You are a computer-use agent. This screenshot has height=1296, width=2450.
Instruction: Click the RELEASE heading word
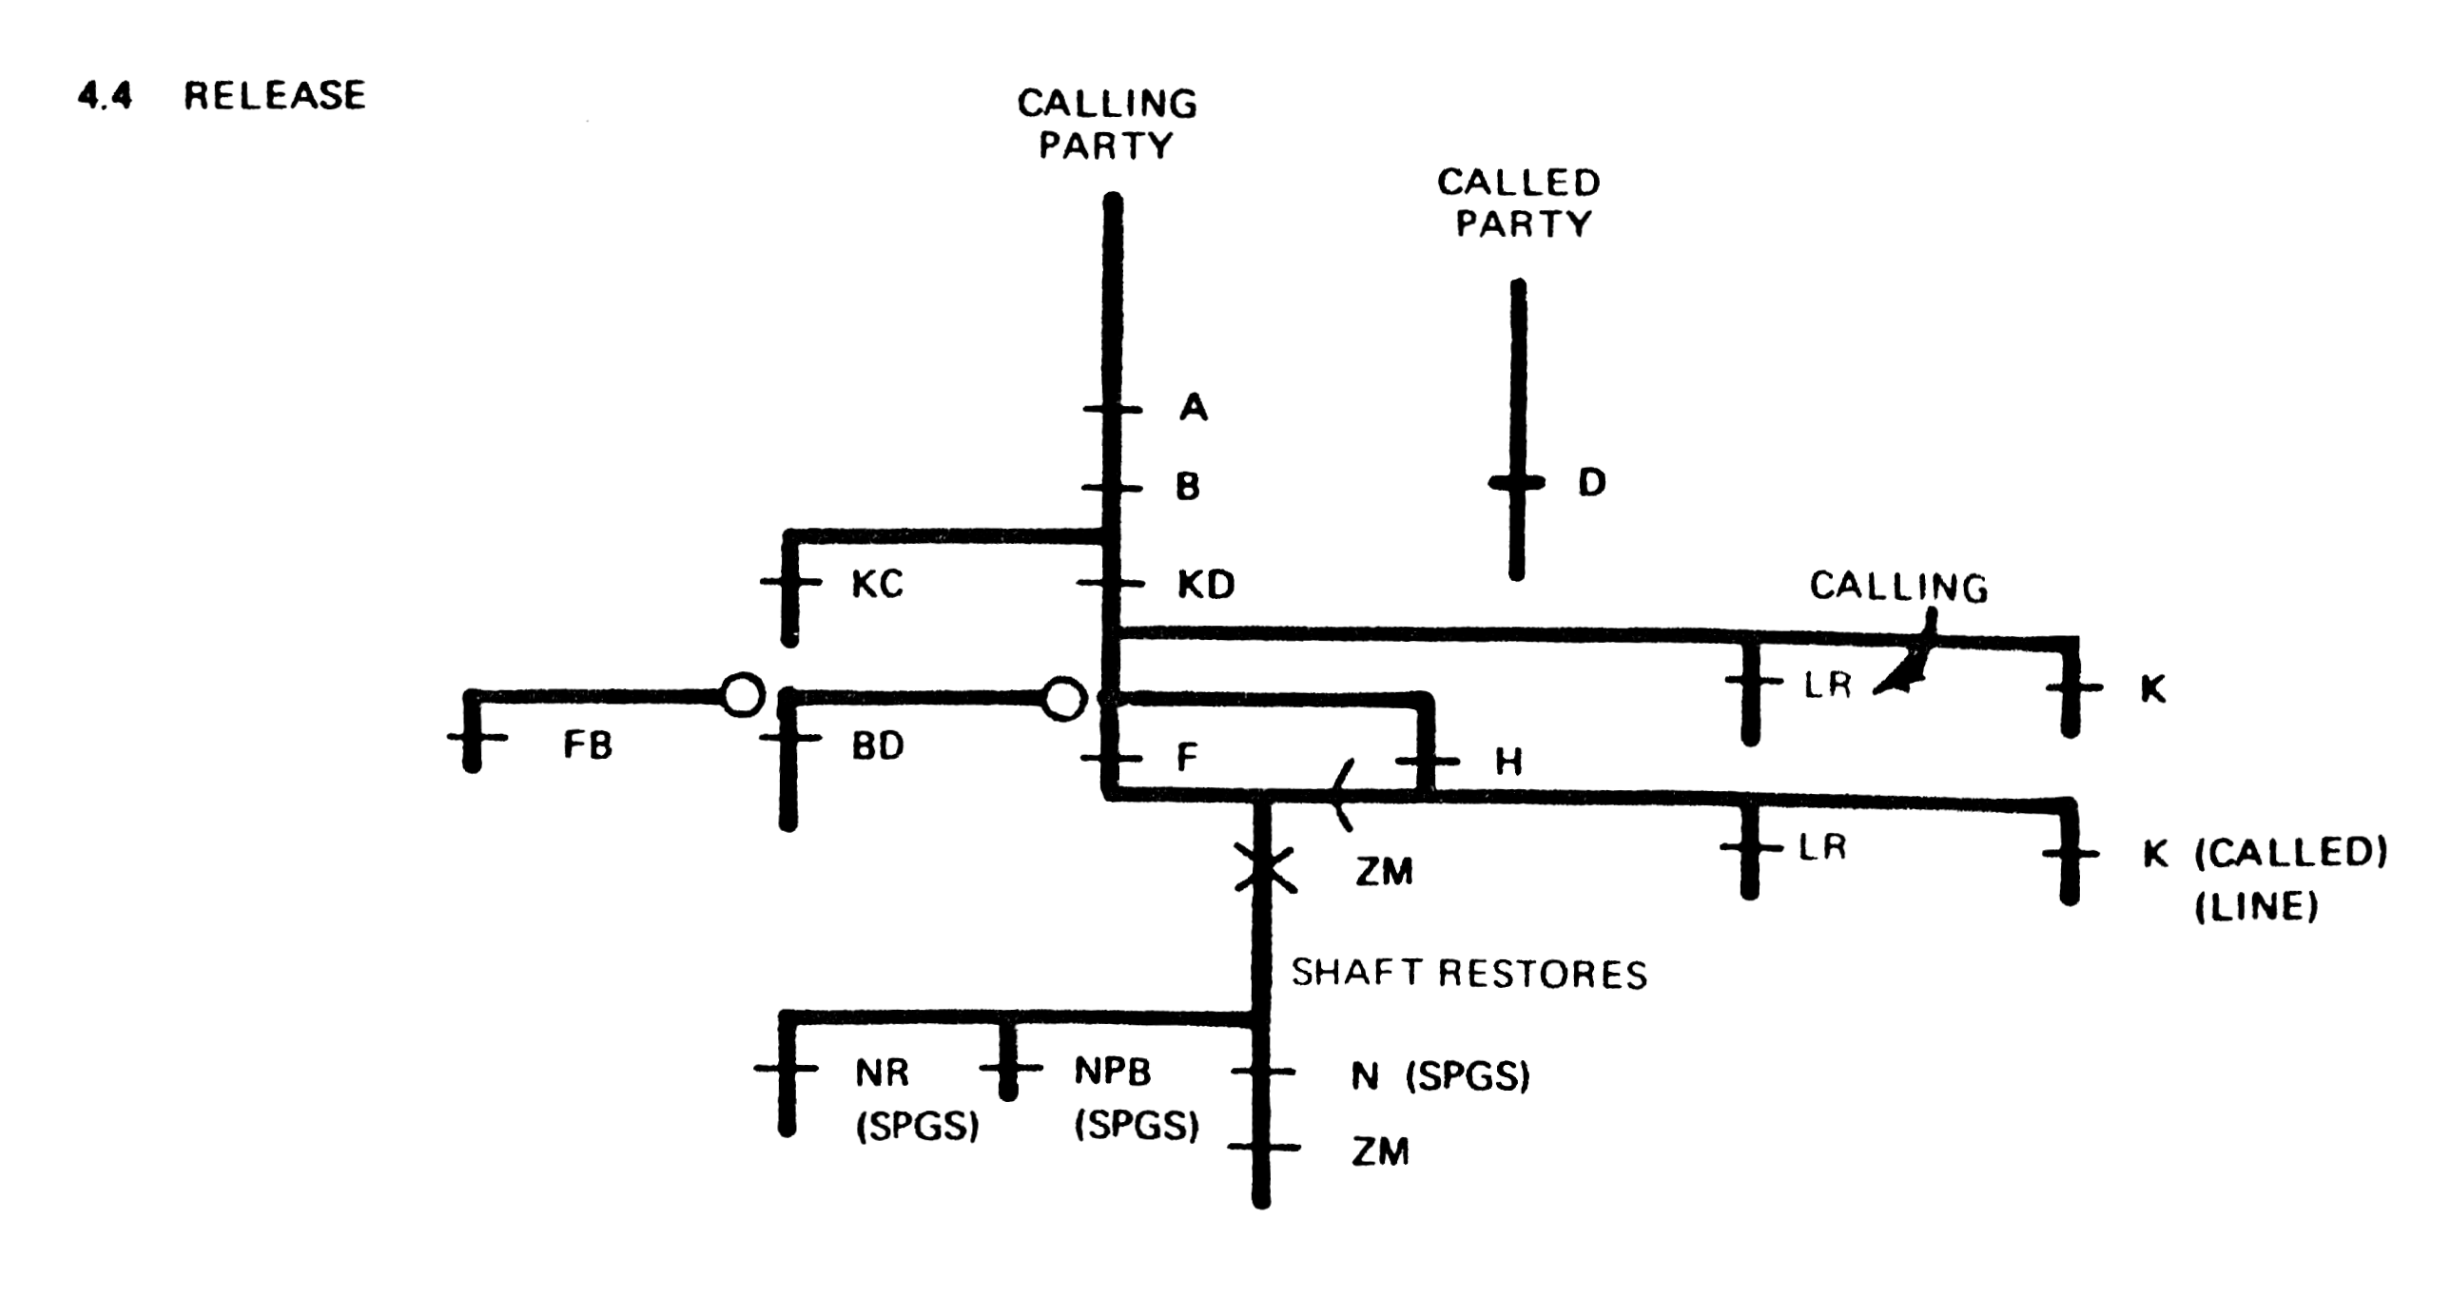(274, 96)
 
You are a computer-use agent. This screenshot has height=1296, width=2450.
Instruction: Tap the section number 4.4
(105, 96)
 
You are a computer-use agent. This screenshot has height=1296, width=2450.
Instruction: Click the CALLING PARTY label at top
(1106, 125)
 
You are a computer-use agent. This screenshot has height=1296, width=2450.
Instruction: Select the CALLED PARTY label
(1519, 203)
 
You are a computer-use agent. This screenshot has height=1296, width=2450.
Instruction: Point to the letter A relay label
(1193, 408)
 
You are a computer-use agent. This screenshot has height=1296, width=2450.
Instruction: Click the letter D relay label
(1591, 483)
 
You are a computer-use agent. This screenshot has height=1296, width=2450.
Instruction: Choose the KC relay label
(876, 585)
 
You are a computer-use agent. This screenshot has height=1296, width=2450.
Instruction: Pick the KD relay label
(1206, 585)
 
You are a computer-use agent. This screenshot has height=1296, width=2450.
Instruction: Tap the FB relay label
(587, 745)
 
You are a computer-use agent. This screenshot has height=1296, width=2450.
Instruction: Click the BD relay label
(877, 746)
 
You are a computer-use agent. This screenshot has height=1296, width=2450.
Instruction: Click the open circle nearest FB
(742, 695)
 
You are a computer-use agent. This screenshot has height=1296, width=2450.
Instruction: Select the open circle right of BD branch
(1063, 699)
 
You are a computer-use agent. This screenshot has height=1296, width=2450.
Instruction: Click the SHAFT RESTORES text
(1468, 974)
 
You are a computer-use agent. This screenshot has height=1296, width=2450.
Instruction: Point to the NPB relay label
(1112, 1072)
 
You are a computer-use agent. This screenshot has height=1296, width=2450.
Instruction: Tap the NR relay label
(882, 1073)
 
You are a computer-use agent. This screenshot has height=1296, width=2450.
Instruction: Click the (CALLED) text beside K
(2290, 853)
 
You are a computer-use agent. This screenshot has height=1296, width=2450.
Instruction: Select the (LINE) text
(2255, 906)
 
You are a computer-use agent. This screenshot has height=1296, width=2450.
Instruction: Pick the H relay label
(1508, 762)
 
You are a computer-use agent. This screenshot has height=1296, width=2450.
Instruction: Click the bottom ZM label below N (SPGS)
(1379, 1152)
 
